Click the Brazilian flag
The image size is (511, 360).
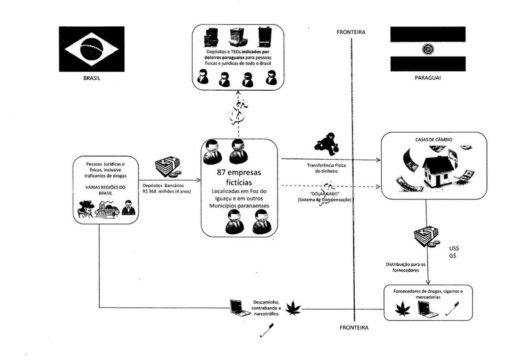point(92,49)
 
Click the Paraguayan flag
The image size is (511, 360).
point(428,49)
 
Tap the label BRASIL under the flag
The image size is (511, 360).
point(92,78)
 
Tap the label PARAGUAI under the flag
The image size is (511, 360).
point(428,78)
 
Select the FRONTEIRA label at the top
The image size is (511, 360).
point(351,32)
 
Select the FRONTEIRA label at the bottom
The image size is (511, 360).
point(354,328)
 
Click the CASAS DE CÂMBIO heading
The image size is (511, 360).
point(434,140)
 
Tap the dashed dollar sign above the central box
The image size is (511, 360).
point(238,112)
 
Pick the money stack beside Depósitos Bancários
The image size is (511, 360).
point(169,167)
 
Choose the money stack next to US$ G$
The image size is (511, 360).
point(426,236)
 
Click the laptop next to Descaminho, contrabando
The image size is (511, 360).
point(240,308)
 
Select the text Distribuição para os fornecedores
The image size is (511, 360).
point(405,267)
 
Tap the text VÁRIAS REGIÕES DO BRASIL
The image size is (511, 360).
point(105,189)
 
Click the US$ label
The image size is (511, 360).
point(454,248)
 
